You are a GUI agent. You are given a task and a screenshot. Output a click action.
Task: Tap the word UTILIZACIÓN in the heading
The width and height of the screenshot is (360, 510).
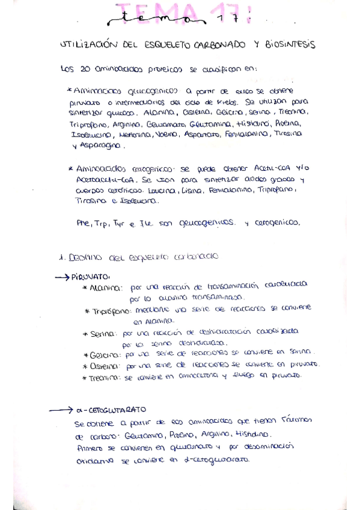87,45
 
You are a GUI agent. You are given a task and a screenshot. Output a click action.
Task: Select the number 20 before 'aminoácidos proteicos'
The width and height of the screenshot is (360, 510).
85,69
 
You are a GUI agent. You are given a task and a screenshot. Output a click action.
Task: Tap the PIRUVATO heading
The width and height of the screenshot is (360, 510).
90,277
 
